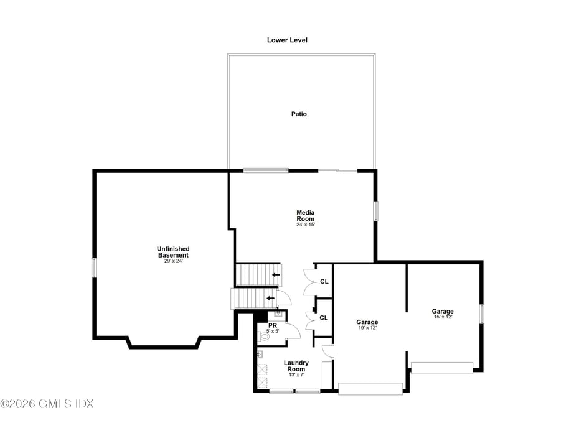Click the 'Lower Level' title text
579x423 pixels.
click(287, 40)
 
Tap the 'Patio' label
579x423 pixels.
click(299, 114)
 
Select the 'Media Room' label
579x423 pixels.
click(305, 216)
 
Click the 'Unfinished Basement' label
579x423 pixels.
click(172, 252)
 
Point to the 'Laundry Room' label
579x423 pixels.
click(296, 366)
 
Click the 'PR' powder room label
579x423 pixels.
click(273, 325)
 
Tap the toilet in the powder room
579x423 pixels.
click(265, 336)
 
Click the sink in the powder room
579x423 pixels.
click(278, 315)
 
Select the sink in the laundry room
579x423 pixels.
click(260, 355)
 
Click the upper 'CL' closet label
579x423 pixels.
click(324, 282)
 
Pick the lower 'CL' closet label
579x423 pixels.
click(324, 318)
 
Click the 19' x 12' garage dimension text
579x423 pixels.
click(367, 328)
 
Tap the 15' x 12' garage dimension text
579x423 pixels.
click(443, 317)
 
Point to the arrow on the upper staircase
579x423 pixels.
click(276, 274)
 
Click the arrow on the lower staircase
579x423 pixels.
click(271, 298)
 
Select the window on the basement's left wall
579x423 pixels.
click(94, 267)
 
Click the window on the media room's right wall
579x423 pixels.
click(375, 210)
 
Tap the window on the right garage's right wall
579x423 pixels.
click(481, 314)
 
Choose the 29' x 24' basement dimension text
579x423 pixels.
click(172, 261)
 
